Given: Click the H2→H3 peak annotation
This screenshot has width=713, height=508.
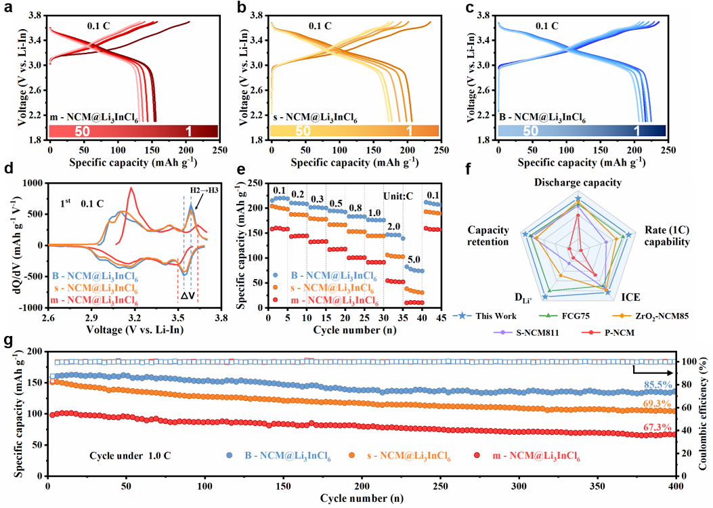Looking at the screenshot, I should click(x=204, y=190).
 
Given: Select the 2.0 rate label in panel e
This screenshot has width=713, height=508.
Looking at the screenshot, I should click(x=393, y=226).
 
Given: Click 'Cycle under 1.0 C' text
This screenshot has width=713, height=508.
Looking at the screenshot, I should click(x=131, y=454).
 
